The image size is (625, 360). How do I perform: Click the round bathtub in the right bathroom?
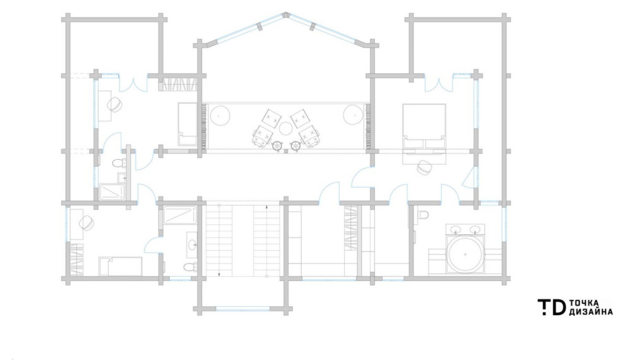(x=465, y=254)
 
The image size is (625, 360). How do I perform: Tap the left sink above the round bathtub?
(x=456, y=229)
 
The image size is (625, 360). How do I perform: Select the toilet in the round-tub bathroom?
(x=422, y=215)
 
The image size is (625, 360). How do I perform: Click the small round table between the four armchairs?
(x=286, y=128)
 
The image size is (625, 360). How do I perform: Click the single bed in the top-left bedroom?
(x=187, y=124)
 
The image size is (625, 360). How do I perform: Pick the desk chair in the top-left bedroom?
(x=114, y=104)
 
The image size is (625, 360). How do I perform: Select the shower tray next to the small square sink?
(x=112, y=192)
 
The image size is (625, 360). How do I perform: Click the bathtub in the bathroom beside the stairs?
(x=180, y=215)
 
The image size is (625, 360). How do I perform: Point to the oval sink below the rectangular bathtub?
(x=193, y=244)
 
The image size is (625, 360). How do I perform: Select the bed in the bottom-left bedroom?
(x=121, y=267)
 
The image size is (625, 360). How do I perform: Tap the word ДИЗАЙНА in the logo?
(x=592, y=311)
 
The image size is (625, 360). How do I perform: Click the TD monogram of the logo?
(x=552, y=308)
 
